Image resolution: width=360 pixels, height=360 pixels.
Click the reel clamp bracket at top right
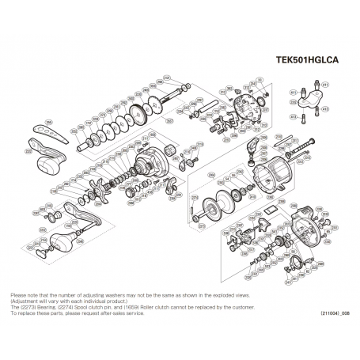(x=316, y=95)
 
